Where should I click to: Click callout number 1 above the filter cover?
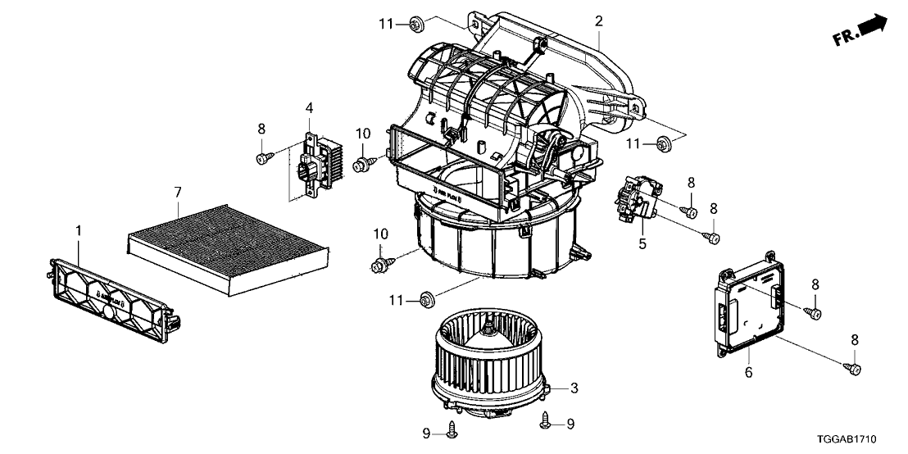pyautogui.click(x=79, y=233)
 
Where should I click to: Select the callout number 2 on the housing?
pyautogui.click(x=599, y=21)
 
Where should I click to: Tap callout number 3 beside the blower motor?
pyautogui.click(x=574, y=387)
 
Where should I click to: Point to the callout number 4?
pyautogui.click(x=309, y=107)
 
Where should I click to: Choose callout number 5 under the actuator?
pyautogui.click(x=642, y=244)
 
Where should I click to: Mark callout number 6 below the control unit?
pyautogui.click(x=747, y=374)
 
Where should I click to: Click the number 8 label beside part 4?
pyautogui.click(x=261, y=129)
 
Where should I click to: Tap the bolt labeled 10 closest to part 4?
pyautogui.click(x=361, y=166)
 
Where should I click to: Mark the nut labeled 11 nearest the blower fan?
pyautogui.click(x=426, y=301)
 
